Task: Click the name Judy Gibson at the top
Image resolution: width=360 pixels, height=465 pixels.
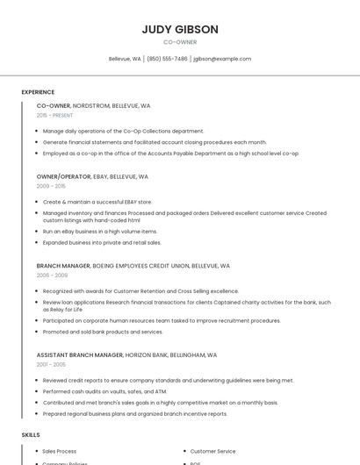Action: tap(180, 29)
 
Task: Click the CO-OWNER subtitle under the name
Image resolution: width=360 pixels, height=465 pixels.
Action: tap(180, 42)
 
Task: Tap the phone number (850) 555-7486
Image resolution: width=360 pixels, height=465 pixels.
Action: tap(167, 59)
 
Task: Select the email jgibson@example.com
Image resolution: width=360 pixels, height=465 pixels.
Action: tap(222, 59)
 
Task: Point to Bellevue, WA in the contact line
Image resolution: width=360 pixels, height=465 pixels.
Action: tap(125, 59)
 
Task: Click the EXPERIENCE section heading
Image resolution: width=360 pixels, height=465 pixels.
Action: tap(38, 92)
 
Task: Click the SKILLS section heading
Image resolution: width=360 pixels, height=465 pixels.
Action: tap(30, 435)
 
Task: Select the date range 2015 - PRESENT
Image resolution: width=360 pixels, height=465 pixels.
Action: tap(54, 115)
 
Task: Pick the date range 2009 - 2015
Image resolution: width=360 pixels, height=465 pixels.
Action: tap(51, 186)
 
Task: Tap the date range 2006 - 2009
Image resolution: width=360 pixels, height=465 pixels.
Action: tap(51, 275)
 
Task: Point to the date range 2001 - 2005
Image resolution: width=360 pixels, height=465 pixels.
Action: tap(51, 364)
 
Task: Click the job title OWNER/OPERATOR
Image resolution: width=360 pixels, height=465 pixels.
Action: tap(63, 176)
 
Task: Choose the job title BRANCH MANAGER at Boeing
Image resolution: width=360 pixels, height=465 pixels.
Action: tap(63, 265)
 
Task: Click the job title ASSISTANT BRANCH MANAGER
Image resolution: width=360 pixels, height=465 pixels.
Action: tap(80, 354)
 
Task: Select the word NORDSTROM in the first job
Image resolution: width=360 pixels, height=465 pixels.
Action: tap(91, 105)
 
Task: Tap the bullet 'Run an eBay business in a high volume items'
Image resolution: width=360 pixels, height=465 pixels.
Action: tap(100, 232)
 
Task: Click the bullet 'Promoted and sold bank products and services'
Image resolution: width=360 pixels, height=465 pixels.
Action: tap(103, 332)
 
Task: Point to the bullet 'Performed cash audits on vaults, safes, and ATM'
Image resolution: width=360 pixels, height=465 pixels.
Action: tap(105, 391)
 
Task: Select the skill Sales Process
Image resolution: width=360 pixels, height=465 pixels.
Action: tap(60, 451)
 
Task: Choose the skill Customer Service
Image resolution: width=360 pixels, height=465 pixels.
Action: tap(212, 451)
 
